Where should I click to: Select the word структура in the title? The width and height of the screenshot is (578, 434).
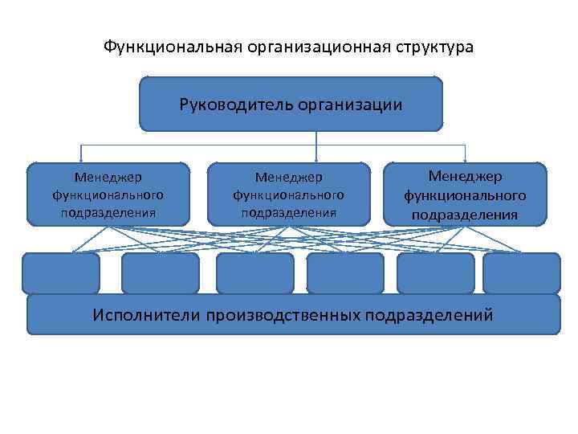point(433,47)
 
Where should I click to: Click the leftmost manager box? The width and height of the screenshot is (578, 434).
point(108,194)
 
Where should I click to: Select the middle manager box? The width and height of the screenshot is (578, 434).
point(289,194)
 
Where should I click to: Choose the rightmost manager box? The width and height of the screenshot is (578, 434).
point(466,194)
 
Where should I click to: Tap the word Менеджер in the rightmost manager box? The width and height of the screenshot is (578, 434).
point(466,176)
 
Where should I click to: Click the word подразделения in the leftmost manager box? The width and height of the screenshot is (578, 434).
point(108,213)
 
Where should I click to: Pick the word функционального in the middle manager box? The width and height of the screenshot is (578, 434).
point(289,194)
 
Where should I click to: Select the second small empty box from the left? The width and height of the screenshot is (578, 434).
point(160,273)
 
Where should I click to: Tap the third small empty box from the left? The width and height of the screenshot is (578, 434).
point(255,273)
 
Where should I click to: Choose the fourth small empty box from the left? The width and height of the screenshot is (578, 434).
point(346,273)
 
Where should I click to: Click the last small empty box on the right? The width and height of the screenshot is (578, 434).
point(522,273)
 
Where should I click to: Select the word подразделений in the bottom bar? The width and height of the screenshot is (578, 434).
point(429,314)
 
